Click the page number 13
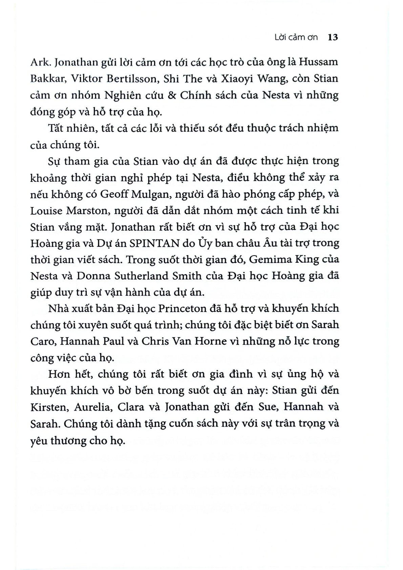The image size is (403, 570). click(x=333, y=37)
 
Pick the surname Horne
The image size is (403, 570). click(x=210, y=341)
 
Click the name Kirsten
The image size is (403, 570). click(x=48, y=407)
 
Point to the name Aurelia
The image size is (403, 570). click(x=94, y=407)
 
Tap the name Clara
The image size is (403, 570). click(x=131, y=407)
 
